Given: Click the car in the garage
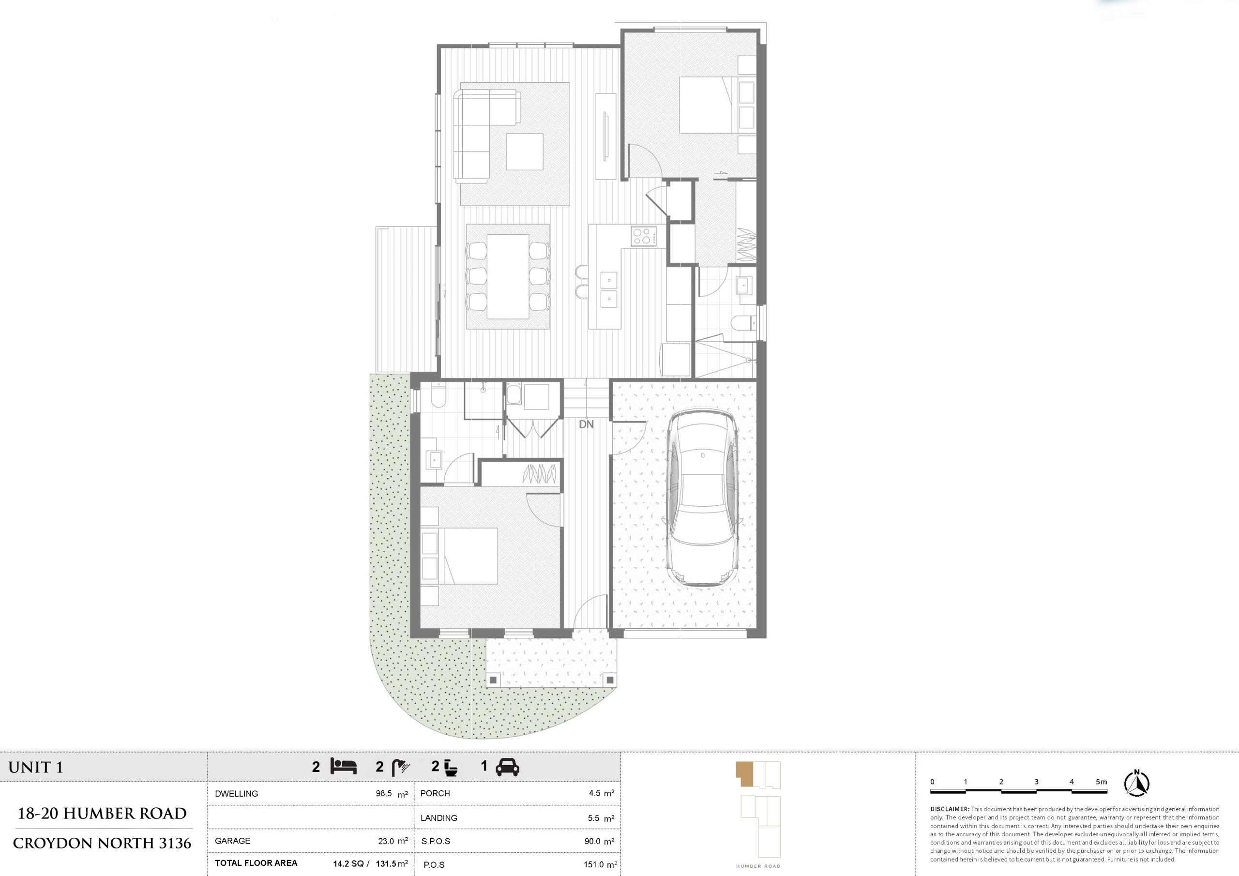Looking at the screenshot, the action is (x=702, y=498).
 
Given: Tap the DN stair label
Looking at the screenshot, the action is (x=586, y=424).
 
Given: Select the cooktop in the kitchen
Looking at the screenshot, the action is (x=644, y=236).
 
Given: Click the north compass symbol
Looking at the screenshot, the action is (x=1136, y=783).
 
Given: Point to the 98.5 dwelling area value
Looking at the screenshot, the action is (x=384, y=793).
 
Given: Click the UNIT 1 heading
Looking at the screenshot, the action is (x=36, y=767).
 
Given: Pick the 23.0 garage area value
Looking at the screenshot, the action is (x=386, y=841).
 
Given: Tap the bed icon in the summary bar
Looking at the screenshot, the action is (x=344, y=767).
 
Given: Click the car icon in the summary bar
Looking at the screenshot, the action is (x=507, y=767).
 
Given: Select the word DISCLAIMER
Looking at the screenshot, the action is (x=950, y=809).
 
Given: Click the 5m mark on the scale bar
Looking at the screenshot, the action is (x=1102, y=782).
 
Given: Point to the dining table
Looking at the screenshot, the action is (x=508, y=276).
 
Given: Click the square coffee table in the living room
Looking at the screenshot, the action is (x=525, y=151).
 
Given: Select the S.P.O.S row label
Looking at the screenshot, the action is (x=436, y=842).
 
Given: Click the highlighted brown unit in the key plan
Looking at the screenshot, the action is (x=745, y=773).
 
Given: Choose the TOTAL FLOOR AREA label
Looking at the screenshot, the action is (x=256, y=863).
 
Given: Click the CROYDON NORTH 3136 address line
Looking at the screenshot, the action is (x=102, y=843).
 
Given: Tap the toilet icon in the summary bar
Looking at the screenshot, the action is (x=451, y=768).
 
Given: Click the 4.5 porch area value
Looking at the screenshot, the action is (x=595, y=793).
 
